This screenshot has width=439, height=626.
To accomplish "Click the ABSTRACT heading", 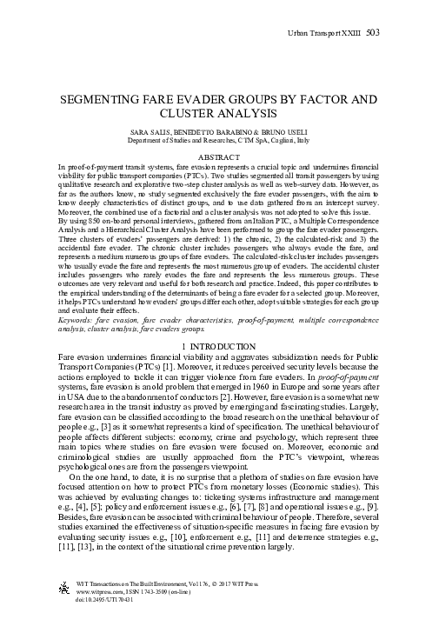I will (x=219, y=156).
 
